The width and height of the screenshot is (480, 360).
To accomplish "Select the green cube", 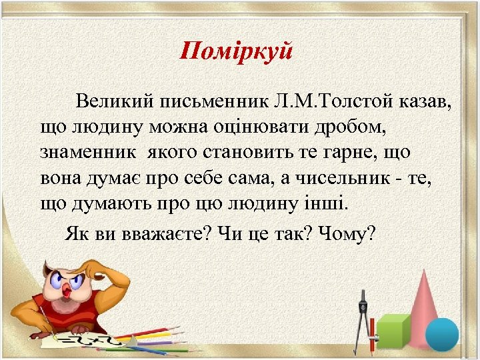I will [x=393, y=331].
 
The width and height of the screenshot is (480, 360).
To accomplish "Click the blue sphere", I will [x=442, y=334].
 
